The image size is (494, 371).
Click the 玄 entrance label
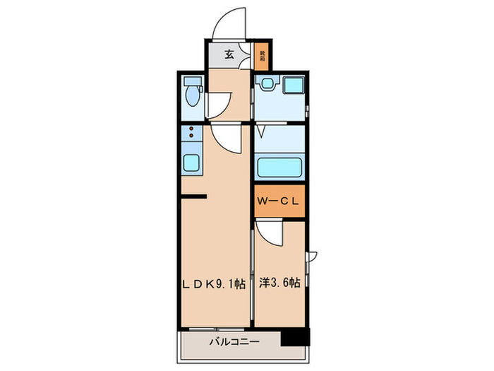click(x=229, y=54)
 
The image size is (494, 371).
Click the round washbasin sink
click(x=267, y=85)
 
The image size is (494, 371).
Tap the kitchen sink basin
click(x=191, y=161)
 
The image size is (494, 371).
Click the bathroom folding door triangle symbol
click(x=261, y=131)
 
